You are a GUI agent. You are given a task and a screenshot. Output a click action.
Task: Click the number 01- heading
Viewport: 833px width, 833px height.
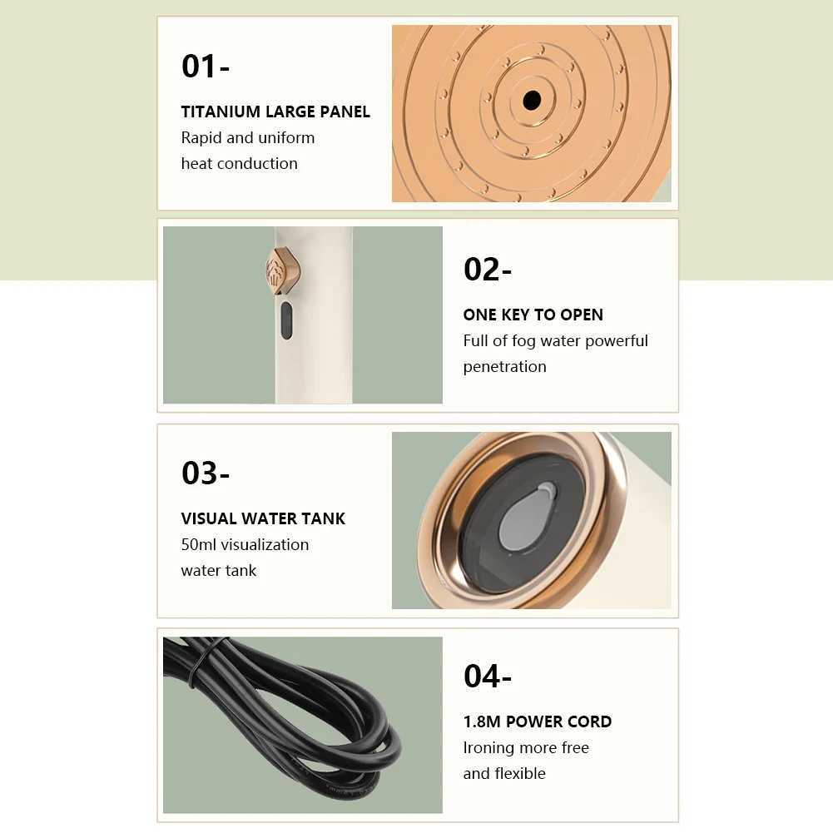click(205, 67)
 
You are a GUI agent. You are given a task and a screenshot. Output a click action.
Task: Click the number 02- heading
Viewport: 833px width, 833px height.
click(487, 270)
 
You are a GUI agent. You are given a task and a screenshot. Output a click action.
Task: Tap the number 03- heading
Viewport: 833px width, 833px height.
click(205, 473)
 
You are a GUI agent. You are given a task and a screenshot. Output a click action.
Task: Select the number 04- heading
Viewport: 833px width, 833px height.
click(487, 676)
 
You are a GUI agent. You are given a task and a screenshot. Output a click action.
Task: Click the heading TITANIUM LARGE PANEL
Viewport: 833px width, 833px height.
click(275, 112)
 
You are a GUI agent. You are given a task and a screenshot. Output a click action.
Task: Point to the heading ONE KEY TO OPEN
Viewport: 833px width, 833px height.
click(533, 315)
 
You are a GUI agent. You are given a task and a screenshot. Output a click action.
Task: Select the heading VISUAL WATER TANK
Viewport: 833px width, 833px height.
click(263, 518)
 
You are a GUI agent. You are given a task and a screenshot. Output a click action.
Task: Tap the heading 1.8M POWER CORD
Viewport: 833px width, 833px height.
click(537, 721)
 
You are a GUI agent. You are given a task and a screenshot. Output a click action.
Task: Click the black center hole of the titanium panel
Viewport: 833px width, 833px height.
click(532, 101)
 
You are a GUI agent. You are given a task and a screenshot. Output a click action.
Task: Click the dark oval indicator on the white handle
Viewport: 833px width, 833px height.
click(286, 320)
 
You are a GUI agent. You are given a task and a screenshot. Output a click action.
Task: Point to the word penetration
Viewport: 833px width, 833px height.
click(504, 366)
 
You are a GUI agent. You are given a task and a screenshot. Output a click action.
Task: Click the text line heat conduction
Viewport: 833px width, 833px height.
click(239, 163)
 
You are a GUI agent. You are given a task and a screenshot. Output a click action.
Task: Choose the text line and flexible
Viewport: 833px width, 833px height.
click(504, 773)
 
